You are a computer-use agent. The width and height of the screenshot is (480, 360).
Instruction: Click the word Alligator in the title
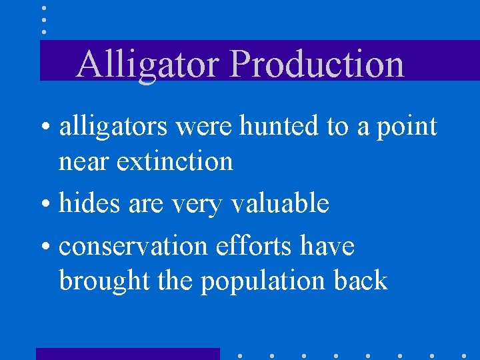point(148,65)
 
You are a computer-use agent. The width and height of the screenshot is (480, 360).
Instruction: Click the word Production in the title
point(317,65)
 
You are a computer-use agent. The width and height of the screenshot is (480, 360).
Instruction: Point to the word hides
point(87,203)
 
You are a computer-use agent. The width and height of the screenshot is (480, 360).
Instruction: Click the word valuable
point(279,203)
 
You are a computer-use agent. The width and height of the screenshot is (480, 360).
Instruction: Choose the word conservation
point(134,246)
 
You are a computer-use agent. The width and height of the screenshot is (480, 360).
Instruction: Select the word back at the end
point(361,280)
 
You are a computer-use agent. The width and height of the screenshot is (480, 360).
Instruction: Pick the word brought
point(105,281)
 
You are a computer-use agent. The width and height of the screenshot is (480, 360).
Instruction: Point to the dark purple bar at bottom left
point(127,354)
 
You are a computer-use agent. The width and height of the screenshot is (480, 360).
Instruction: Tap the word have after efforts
point(327,246)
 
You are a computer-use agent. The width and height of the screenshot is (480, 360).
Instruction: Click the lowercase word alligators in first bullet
point(114,126)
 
